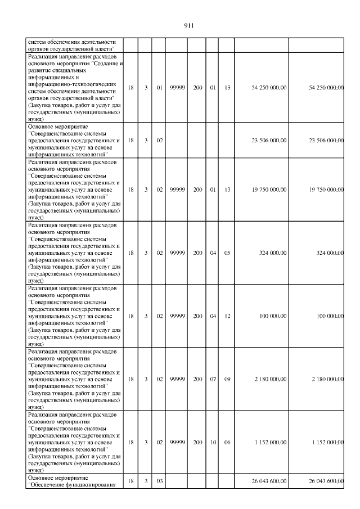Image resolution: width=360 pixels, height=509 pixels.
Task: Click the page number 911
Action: pyautogui.click(x=189, y=25)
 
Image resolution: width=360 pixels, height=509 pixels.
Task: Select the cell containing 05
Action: pyautogui.click(x=227, y=253)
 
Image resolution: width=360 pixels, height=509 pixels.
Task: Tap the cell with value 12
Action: pyautogui.click(x=227, y=316)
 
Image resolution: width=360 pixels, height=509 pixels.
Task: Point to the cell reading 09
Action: pyautogui.click(x=227, y=379)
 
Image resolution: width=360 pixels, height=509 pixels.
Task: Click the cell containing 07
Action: pyautogui.click(x=213, y=379)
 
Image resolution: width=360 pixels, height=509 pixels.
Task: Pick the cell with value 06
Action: pyautogui.click(x=227, y=443)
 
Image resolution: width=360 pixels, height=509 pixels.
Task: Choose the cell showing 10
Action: pyautogui.click(x=213, y=443)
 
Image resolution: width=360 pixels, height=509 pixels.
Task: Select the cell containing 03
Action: pyautogui.click(x=159, y=481)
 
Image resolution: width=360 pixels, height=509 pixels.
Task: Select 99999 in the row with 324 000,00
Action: pyautogui.click(x=178, y=253)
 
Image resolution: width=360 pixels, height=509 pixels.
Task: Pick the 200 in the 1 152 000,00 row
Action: pyautogui.click(x=198, y=443)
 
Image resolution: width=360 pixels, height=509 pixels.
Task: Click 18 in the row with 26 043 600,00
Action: pyautogui.click(x=130, y=481)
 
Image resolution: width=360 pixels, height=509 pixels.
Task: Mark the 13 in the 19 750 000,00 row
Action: pyautogui.click(x=227, y=190)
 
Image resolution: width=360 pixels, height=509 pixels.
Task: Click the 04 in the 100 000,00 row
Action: pyautogui.click(x=213, y=316)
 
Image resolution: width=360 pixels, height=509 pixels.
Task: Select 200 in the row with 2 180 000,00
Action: pyautogui.click(x=198, y=379)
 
